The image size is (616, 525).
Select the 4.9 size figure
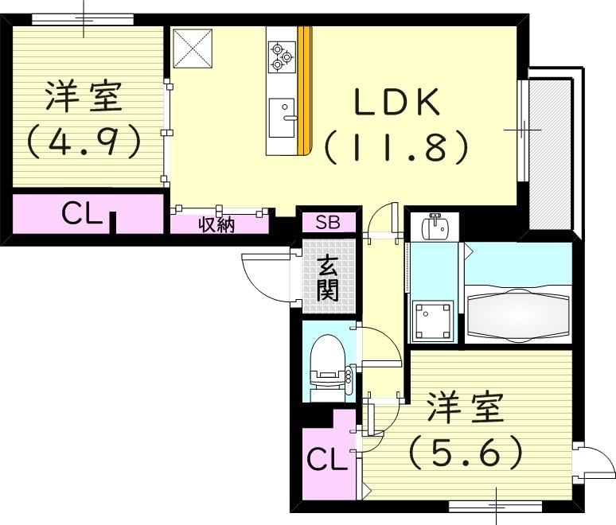83,142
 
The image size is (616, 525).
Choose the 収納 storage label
216,224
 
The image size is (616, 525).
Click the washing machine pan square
433,321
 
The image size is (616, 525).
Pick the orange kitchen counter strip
303,91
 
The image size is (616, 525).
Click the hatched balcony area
549,151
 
